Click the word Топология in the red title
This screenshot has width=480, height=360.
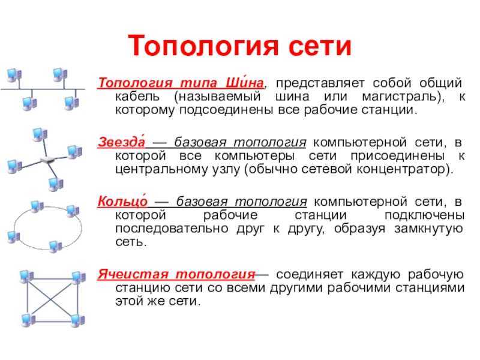203,46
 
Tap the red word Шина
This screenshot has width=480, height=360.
245,83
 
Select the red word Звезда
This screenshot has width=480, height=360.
121,142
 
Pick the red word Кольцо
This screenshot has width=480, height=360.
122,201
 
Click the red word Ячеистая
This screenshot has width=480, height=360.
133,274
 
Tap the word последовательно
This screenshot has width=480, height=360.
172,229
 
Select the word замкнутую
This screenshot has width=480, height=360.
428,229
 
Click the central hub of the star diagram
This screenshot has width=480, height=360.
47,160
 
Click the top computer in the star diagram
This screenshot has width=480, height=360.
40,134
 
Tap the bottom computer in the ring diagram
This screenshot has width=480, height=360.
55,247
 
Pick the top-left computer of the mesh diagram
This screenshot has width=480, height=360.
26,277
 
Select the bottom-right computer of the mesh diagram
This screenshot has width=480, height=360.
77,320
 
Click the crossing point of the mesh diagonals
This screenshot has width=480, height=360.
52,299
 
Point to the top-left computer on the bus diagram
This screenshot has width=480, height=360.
14,76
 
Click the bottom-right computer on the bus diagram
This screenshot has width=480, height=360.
72,103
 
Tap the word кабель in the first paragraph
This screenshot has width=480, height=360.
137,97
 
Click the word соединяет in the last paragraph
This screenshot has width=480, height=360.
310,275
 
